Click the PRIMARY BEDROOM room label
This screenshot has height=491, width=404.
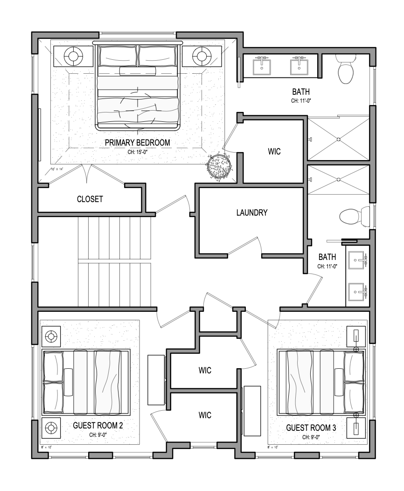coord(137,142)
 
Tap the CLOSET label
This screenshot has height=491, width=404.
coord(90,199)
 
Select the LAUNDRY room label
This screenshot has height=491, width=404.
coord(252,213)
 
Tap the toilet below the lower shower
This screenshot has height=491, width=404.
coord(350,216)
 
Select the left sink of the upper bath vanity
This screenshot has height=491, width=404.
coord(262,66)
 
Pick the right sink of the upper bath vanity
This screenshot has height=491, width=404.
coord(300,66)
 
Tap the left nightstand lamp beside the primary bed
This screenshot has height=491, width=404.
coord(73,56)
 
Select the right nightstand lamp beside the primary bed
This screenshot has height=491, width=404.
coord(202,56)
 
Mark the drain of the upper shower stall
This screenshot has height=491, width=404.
coord(339,139)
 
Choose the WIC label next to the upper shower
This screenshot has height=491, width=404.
coord(274,152)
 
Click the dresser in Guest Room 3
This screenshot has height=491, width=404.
coord(252,411)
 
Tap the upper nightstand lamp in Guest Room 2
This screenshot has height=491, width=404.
coord(50,336)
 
